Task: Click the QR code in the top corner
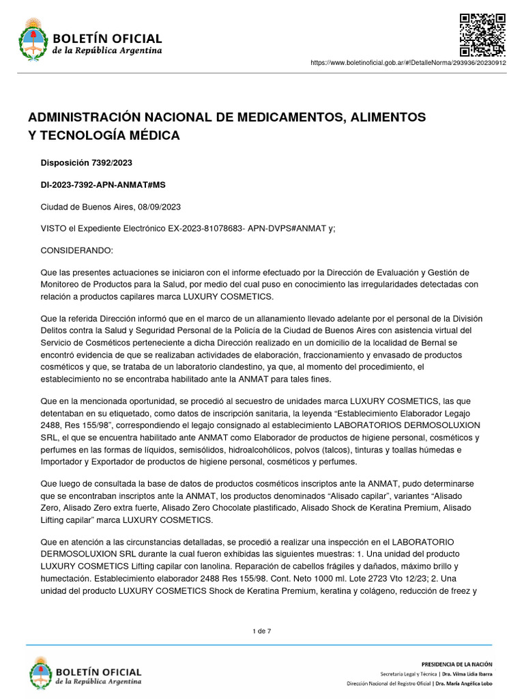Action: pos(482,34)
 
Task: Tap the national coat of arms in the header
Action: pos(31,39)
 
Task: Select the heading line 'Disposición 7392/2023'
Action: pos(87,162)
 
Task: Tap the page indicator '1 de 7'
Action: pos(262,631)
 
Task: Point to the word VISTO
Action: pos(54,229)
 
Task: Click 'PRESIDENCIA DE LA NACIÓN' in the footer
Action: pos(456,664)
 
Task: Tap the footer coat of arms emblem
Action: pos(40,672)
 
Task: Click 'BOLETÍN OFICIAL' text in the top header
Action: pos(107,38)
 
